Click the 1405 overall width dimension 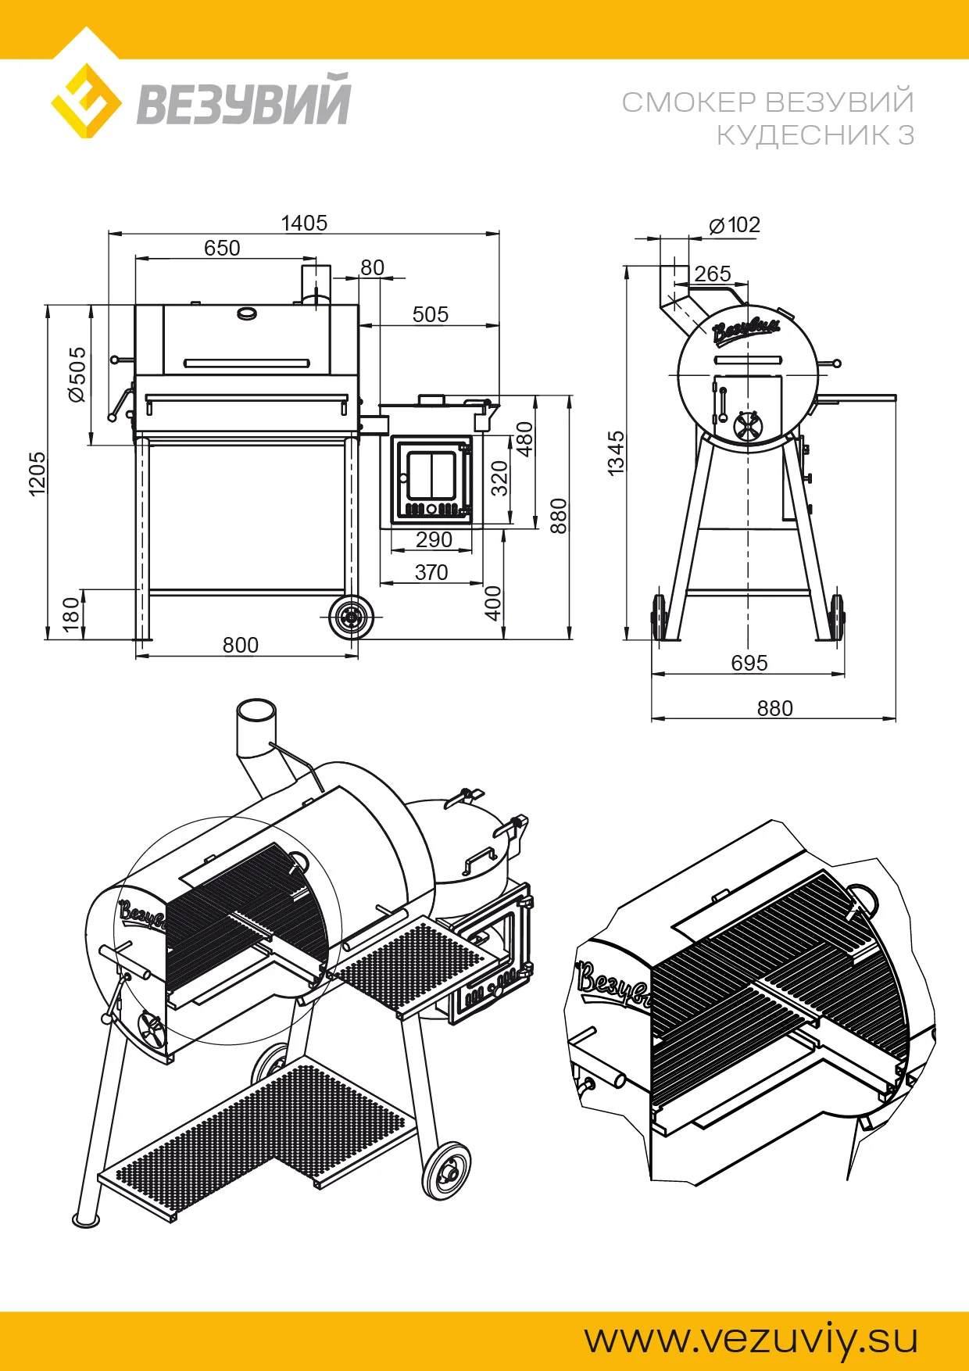tap(304, 224)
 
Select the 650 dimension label tap(222, 249)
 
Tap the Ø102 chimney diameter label tap(735, 226)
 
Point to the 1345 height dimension tap(616, 453)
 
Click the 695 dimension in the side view tap(749, 663)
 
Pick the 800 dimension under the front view tap(240, 645)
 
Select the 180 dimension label tap(71, 614)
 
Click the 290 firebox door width tap(434, 539)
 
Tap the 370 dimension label tap(431, 572)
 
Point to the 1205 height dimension tap(37, 473)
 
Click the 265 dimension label tap(712, 274)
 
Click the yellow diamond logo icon tap(85, 102)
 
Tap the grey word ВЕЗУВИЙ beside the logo tap(244, 101)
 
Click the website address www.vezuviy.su tap(751, 1339)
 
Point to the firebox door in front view tap(431, 479)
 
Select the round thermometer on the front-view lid tap(247, 313)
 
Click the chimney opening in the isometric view tap(256, 713)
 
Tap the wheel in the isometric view tap(447, 1171)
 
